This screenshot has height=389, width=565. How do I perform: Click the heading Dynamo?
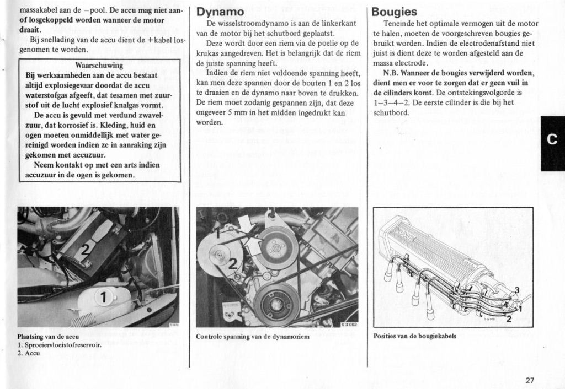coord(221,11)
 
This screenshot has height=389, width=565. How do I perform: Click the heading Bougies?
coord(395,11)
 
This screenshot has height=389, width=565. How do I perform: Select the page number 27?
coord(530,380)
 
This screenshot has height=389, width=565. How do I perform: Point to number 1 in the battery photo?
coord(103,298)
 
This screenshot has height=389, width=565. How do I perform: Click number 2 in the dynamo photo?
coord(233,263)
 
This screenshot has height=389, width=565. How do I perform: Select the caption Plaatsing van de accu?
coord(48,337)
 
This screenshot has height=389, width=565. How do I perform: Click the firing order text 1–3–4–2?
coord(391,102)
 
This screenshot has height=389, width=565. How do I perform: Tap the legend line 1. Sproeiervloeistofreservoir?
coord(60,345)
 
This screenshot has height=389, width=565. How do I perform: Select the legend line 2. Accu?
coord(29,353)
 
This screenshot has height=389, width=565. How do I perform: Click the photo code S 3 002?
coord(349,325)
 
